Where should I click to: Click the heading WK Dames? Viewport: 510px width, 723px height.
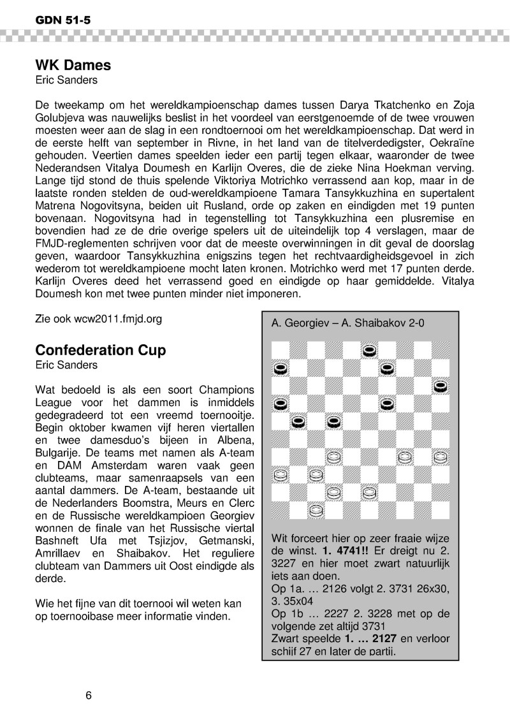[x=73, y=65]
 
